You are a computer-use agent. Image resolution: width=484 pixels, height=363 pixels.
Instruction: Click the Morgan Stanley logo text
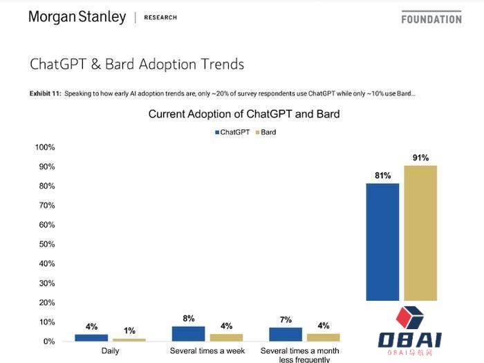[77, 17]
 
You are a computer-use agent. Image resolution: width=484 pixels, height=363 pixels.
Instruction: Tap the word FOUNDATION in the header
[431, 19]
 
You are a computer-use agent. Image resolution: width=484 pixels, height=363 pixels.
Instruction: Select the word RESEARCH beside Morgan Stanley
[160, 17]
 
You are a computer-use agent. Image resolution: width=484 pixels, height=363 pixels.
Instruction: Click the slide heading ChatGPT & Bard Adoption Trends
[136, 64]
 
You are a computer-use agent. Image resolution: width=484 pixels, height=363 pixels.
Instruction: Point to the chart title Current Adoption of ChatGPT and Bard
[244, 113]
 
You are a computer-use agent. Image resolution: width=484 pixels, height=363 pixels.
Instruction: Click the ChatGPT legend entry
[233, 131]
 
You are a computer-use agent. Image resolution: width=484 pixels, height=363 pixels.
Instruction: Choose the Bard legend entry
[266, 131]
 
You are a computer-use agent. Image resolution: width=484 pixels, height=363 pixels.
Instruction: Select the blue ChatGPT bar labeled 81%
[383, 241]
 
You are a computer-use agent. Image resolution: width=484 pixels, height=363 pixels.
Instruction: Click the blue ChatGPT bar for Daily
[91, 337]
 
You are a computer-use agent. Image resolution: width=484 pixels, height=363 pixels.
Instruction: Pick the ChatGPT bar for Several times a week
[188, 333]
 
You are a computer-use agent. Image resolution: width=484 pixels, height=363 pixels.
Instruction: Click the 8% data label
[189, 319]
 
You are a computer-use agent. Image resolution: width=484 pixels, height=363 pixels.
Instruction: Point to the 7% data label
[286, 320]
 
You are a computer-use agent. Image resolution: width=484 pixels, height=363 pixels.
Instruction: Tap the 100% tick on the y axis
[45, 147]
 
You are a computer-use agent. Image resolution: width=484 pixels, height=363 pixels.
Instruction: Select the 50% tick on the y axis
[46, 244]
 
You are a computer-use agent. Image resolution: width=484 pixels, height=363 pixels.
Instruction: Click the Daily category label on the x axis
[111, 351]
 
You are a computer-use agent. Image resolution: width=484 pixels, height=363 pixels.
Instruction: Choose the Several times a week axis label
[207, 351]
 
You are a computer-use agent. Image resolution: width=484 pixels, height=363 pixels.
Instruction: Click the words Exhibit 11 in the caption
[45, 93]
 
